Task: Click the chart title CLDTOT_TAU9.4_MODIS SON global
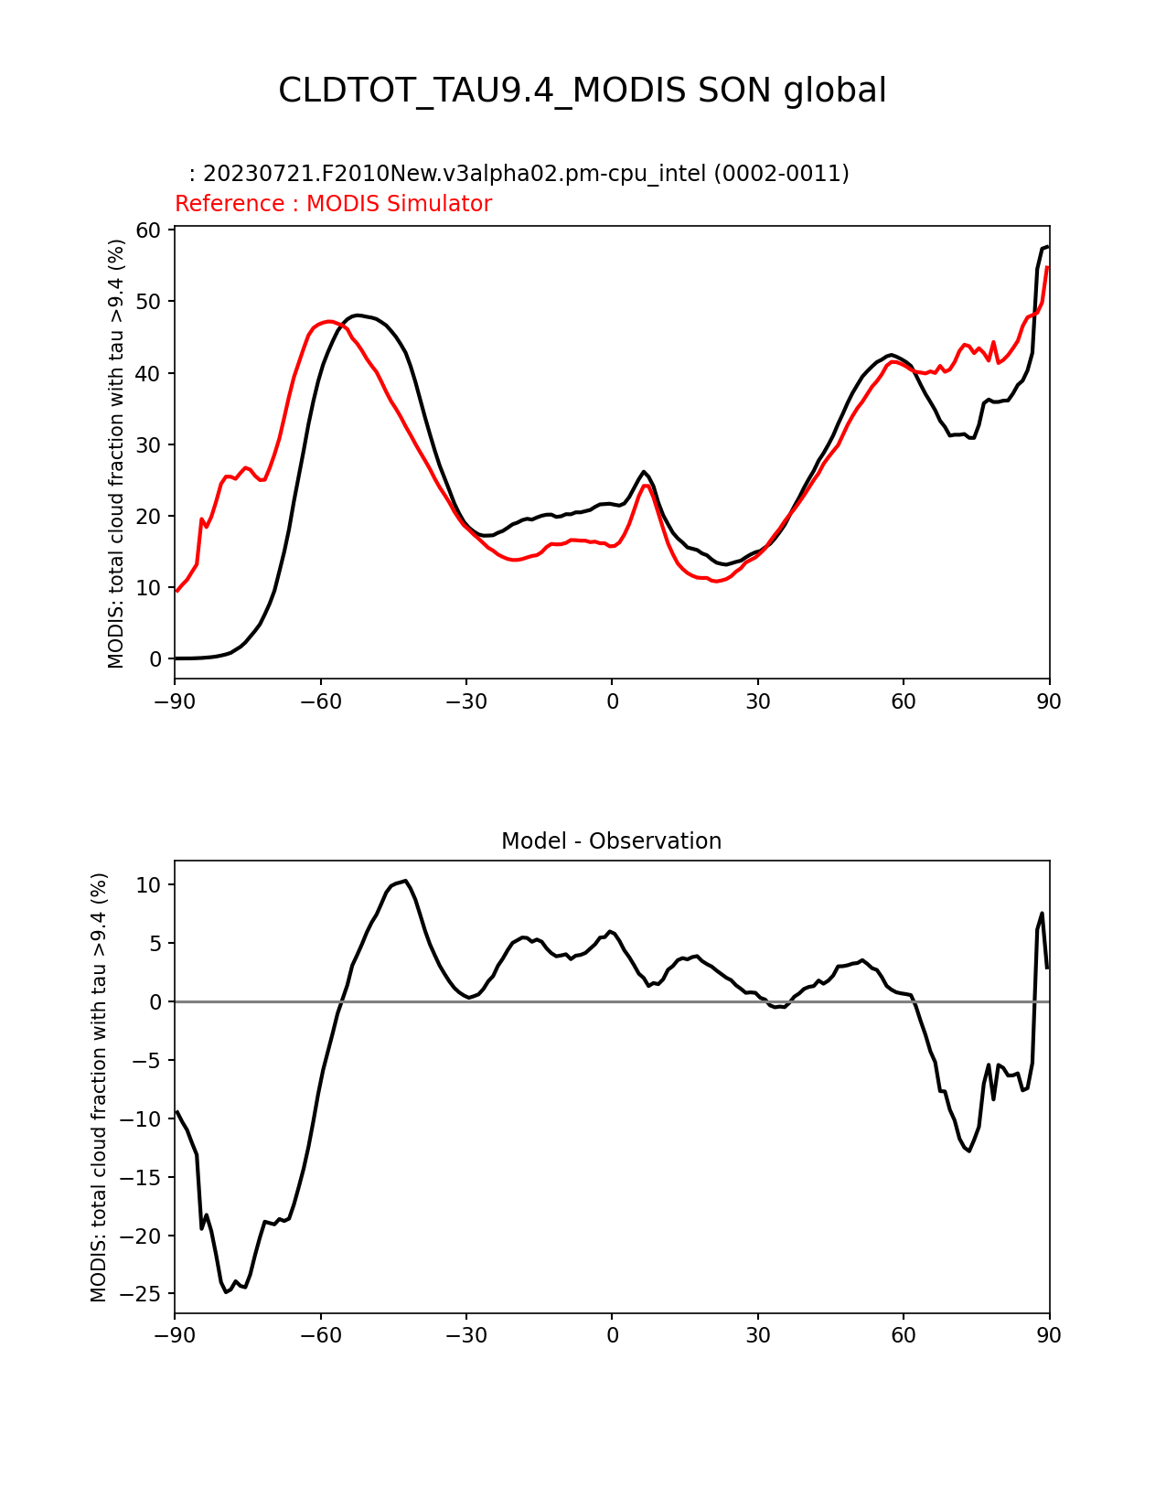pos(583,91)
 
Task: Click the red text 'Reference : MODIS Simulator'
pos(333,204)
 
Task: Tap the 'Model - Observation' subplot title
pos(611,841)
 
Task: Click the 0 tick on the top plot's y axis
pos(156,659)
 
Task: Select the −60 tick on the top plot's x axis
pos(320,701)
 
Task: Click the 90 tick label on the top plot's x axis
pos(1049,701)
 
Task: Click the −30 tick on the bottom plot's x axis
pos(465,1335)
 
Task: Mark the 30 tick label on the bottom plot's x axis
pos(757,1335)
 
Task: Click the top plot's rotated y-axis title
pos(116,454)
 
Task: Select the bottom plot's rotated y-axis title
pos(99,1087)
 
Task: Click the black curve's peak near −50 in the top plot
pos(358,315)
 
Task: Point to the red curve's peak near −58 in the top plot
pos(329,321)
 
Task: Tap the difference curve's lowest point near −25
pos(227,1291)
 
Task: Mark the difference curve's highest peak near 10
pos(405,881)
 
